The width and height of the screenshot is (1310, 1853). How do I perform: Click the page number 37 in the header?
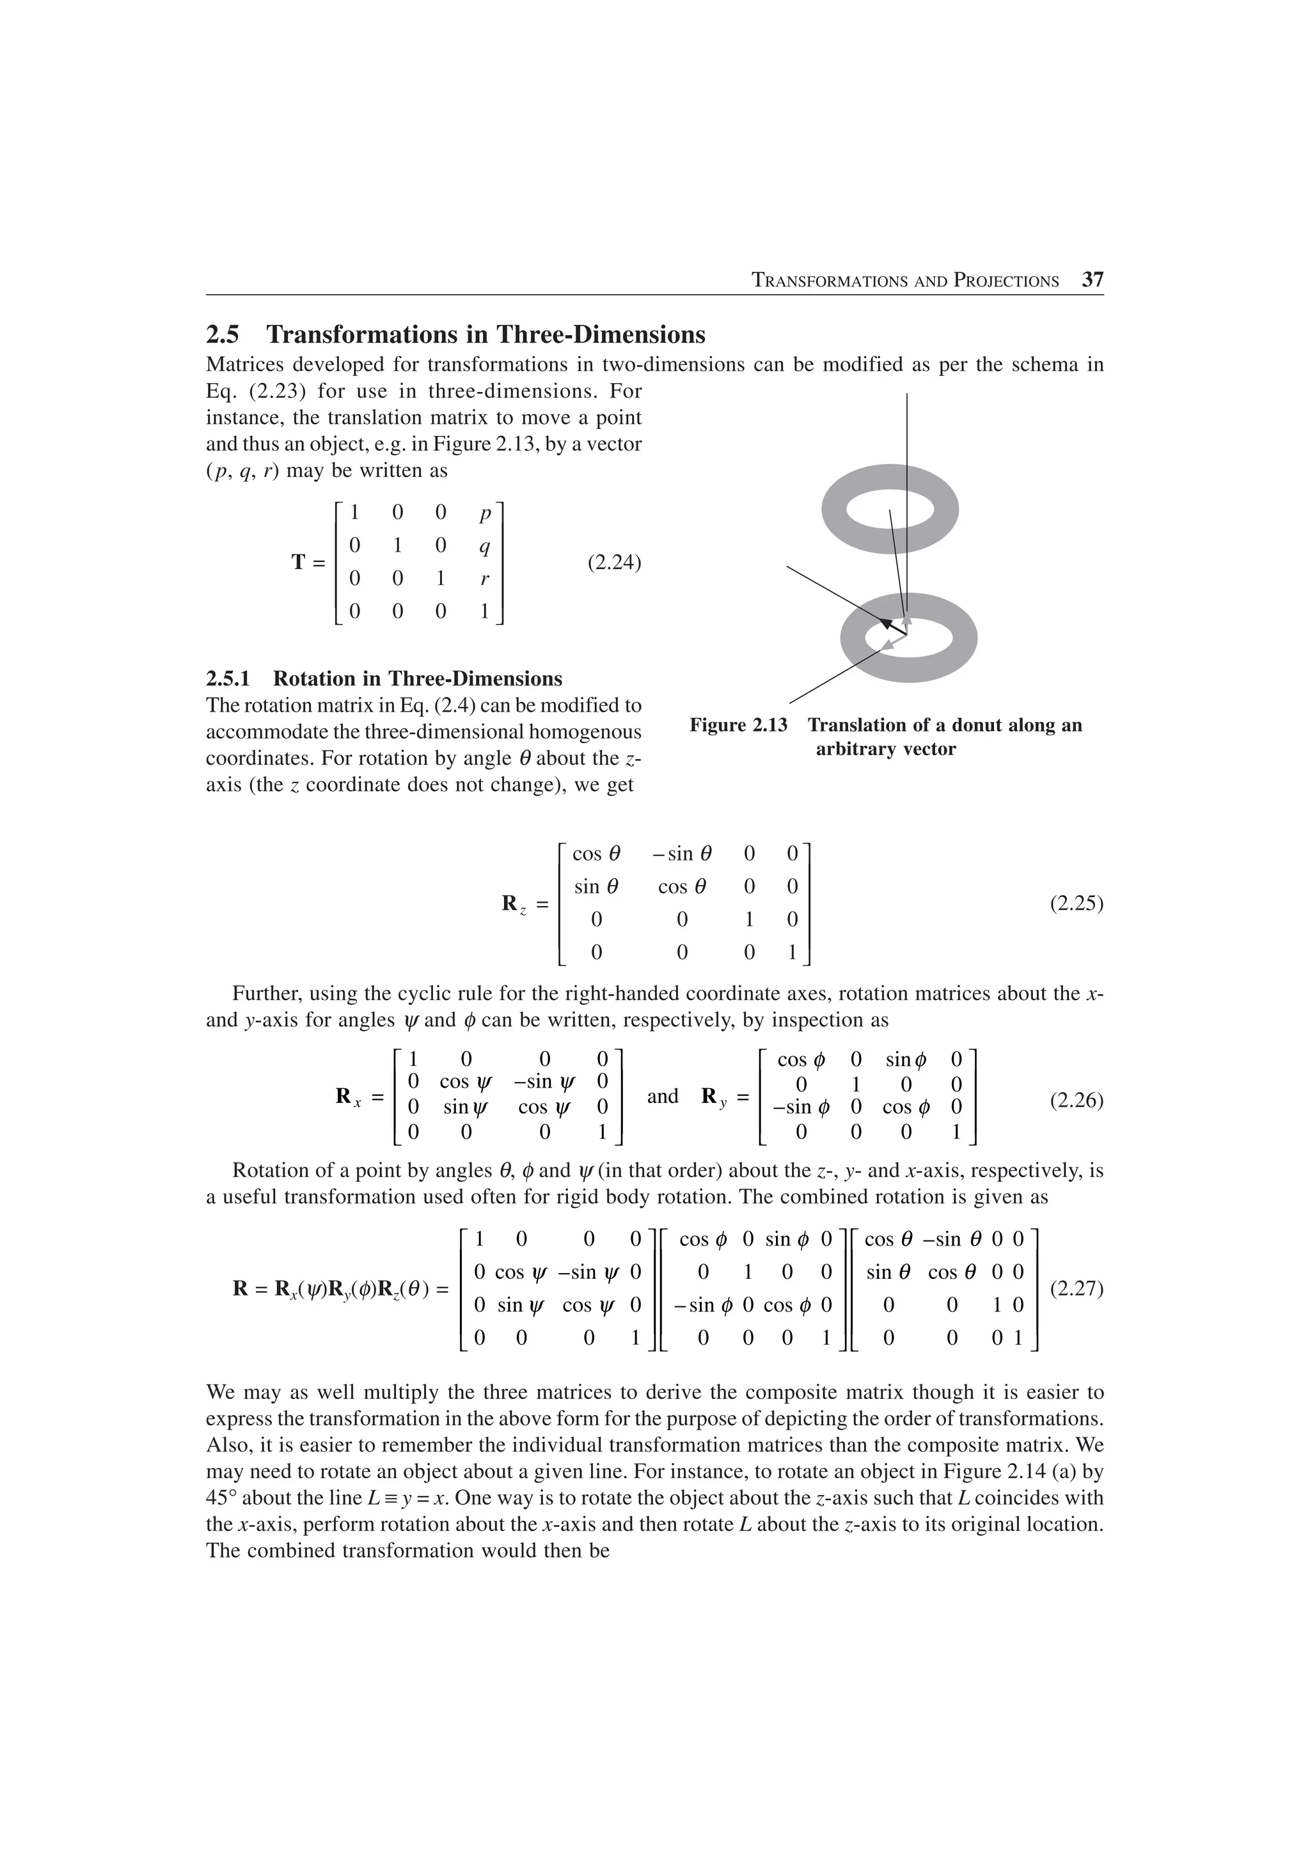tap(1092, 280)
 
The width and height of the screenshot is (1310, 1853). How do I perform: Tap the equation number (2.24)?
tap(614, 563)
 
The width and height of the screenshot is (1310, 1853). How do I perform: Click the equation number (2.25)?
tap(1076, 903)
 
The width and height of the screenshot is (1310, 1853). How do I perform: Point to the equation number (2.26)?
tap(1076, 1100)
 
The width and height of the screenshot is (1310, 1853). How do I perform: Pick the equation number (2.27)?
tap(1076, 1288)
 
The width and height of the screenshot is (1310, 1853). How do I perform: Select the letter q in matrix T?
tap(484, 547)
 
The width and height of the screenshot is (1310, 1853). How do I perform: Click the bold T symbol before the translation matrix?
tap(299, 563)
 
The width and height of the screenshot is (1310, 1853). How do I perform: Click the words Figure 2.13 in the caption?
tap(738, 724)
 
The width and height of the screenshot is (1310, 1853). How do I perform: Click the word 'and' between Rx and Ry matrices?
tap(663, 1096)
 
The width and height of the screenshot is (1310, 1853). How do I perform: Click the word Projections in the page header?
tap(1006, 281)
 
